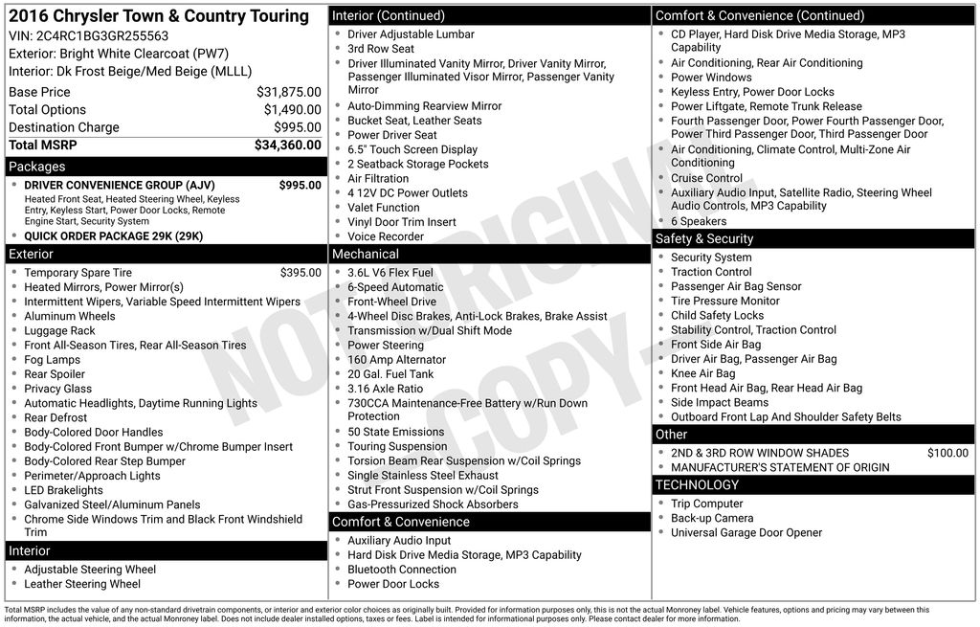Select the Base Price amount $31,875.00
click(288, 92)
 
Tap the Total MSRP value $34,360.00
click(287, 146)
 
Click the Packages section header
click(37, 167)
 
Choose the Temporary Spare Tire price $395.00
click(301, 273)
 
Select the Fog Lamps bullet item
click(53, 360)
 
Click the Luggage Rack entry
click(59, 331)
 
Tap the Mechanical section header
click(365, 254)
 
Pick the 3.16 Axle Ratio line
click(385, 389)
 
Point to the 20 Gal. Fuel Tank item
click(390, 374)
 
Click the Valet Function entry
click(383, 208)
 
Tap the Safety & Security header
click(704, 238)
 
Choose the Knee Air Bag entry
click(703, 373)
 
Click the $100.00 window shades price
click(947, 453)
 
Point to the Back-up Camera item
click(712, 518)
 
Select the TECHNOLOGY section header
click(697, 484)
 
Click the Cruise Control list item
click(706, 178)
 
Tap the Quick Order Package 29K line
click(113, 236)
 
